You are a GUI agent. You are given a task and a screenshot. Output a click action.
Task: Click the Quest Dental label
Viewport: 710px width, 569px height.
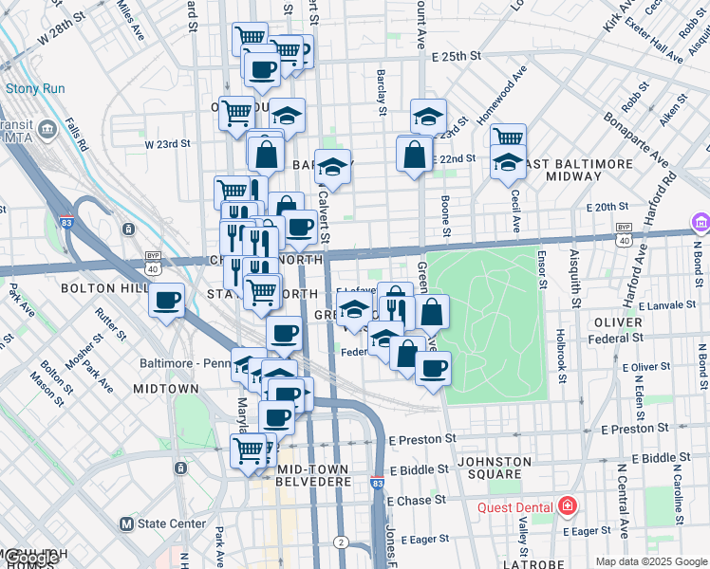click(518, 506)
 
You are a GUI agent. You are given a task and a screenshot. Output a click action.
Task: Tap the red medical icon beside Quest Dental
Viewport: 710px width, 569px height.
click(568, 506)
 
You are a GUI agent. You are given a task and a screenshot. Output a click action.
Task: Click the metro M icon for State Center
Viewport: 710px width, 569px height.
click(125, 523)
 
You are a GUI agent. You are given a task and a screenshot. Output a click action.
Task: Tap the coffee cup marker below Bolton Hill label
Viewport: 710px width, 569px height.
click(167, 301)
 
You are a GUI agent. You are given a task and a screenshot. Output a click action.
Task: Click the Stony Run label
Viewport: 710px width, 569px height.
click(35, 88)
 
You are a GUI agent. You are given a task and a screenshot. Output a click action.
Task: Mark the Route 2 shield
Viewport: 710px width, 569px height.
click(341, 542)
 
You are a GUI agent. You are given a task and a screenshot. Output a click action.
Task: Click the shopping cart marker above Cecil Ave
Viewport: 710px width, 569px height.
click(509, 138)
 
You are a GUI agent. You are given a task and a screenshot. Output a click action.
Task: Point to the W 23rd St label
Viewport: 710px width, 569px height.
click(168, 144)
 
